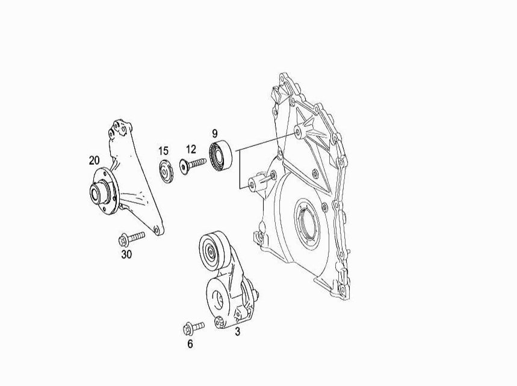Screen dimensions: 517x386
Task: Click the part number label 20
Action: coord(94,161)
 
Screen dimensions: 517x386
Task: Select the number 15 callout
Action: coord(163,151)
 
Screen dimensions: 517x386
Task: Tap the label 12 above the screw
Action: coord(191,149)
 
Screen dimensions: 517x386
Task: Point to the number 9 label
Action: coord(215,133)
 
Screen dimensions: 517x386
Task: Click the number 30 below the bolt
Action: coord(126,254)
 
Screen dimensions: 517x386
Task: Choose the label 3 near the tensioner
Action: coord(237,332)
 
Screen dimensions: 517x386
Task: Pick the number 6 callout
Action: coord(190,344)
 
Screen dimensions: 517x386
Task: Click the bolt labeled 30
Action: coord(132,239)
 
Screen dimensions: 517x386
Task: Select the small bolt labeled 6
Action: coord(193,327)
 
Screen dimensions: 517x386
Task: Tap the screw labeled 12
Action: coord(193,164)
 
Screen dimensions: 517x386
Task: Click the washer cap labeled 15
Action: coord(166,171)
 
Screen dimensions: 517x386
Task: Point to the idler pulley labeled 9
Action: coord(220,156)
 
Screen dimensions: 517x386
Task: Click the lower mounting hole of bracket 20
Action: coord(157,230)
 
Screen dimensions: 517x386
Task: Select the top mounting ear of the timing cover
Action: coord(283,78)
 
